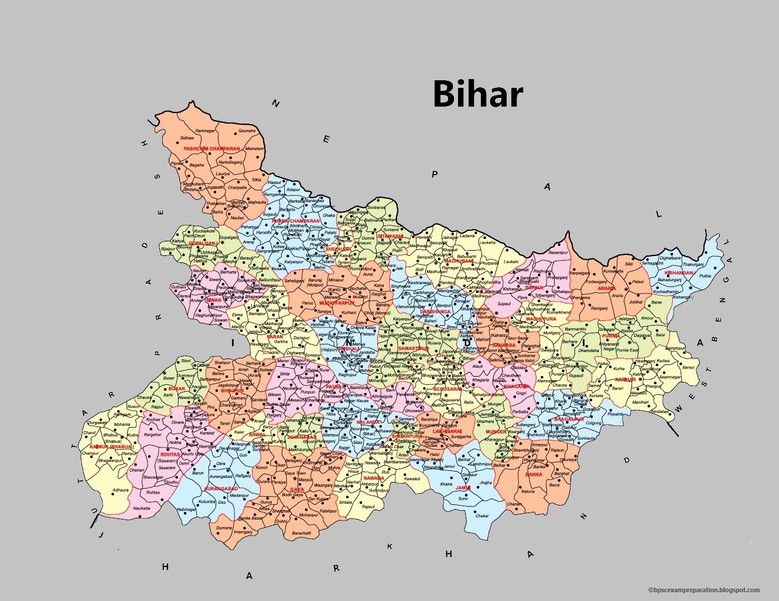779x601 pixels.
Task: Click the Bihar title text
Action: [477, 94]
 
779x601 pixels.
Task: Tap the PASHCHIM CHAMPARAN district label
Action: [211, 149]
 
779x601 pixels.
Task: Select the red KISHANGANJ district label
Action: [679, 273]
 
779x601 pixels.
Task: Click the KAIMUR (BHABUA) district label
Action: [112, 446]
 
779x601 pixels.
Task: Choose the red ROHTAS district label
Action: [170, 455]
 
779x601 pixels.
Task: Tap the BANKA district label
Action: [534, 474]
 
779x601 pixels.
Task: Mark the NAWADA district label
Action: [374, 478]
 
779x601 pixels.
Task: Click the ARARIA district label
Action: [606, 288]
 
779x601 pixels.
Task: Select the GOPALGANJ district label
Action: [203, 243]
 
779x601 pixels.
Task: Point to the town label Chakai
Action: [482, 516]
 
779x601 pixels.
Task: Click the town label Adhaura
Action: [121, 490]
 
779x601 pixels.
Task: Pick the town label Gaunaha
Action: [247, 131]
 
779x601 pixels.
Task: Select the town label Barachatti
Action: [302, 533]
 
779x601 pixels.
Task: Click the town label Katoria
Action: [528, 492]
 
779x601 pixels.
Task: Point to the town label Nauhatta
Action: [141, 508]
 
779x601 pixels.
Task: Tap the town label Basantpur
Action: [558, 252]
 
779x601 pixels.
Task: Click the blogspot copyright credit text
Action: [703, 590]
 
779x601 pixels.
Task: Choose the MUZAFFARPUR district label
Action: [337, 303]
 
